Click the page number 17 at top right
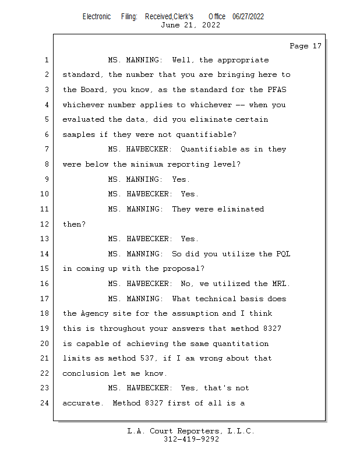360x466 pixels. (317, 46)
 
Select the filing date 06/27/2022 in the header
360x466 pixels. (248, 17)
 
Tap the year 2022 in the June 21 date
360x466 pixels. (211, 25)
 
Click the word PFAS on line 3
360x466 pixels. (277, 90)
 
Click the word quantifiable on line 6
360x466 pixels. (206, 135)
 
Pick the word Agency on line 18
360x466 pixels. (94, 313)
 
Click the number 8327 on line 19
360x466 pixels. (272, 329)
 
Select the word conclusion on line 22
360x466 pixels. (86, 373)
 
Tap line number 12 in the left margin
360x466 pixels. (45, 224)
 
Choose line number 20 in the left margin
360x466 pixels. (45, 343)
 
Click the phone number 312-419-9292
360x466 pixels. (192, 439)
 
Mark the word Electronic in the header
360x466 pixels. (97, 17)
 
